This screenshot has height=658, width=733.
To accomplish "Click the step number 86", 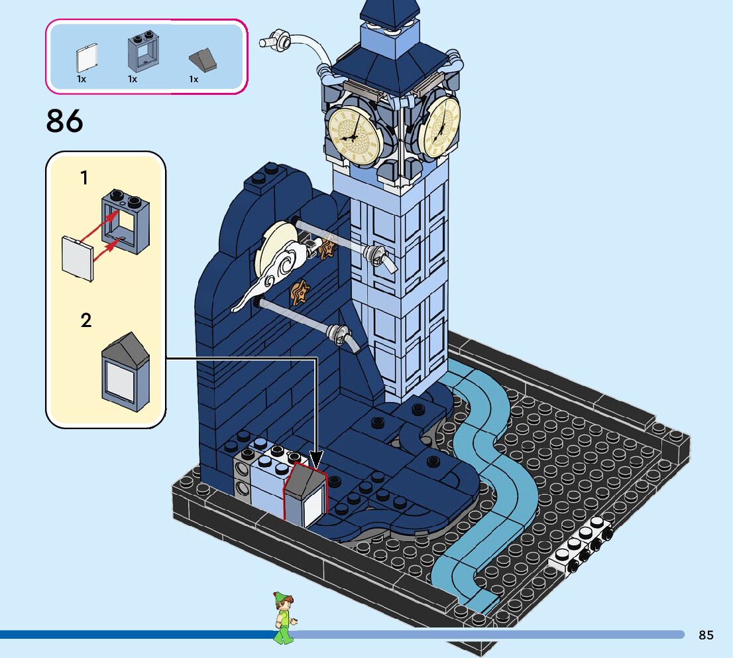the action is (65, 121).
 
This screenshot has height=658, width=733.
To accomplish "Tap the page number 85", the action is (706, 635).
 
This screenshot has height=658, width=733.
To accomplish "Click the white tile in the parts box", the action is (87, 58).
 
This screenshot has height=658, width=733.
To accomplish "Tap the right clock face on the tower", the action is (439, 127).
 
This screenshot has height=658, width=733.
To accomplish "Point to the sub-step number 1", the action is (84, 178).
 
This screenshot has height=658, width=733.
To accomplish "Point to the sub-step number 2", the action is (85, 320).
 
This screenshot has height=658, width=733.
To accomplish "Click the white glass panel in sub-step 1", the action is (77, 258).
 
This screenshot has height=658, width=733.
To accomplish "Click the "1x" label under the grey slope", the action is (194, 80).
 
